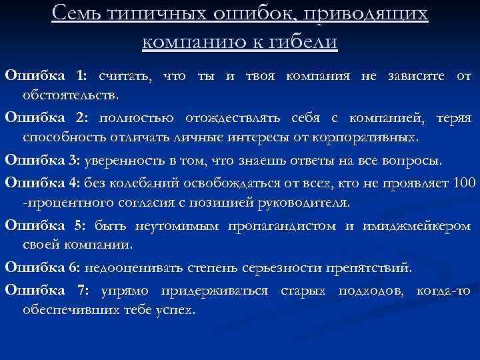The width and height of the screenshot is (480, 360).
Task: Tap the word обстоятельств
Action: pos(71,95)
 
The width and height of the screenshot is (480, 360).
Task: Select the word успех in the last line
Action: pos(175,311)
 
